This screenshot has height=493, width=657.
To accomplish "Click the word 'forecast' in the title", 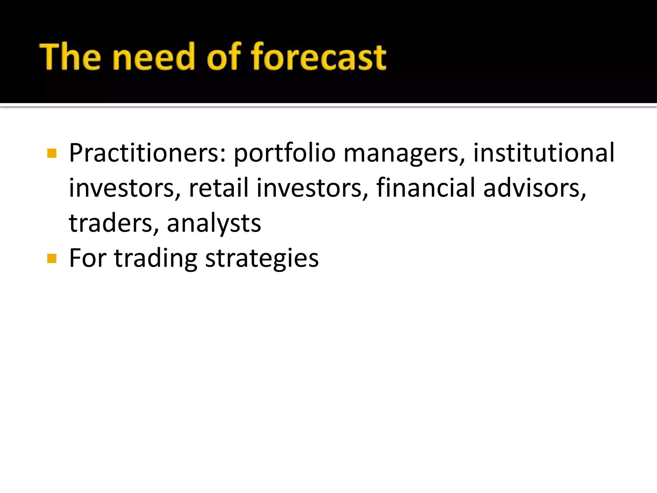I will coord(319,57).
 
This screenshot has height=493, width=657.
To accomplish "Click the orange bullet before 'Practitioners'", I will coord(52,153).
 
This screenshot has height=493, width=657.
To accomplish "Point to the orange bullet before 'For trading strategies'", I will coord(52,258).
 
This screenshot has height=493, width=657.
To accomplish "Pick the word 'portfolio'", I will coord(284,153).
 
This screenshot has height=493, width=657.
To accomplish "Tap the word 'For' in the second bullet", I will coord(88,258).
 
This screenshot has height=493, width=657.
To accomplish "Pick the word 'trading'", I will coord(156,259).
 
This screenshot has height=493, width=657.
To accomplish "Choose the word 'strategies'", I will coord(262,259).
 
